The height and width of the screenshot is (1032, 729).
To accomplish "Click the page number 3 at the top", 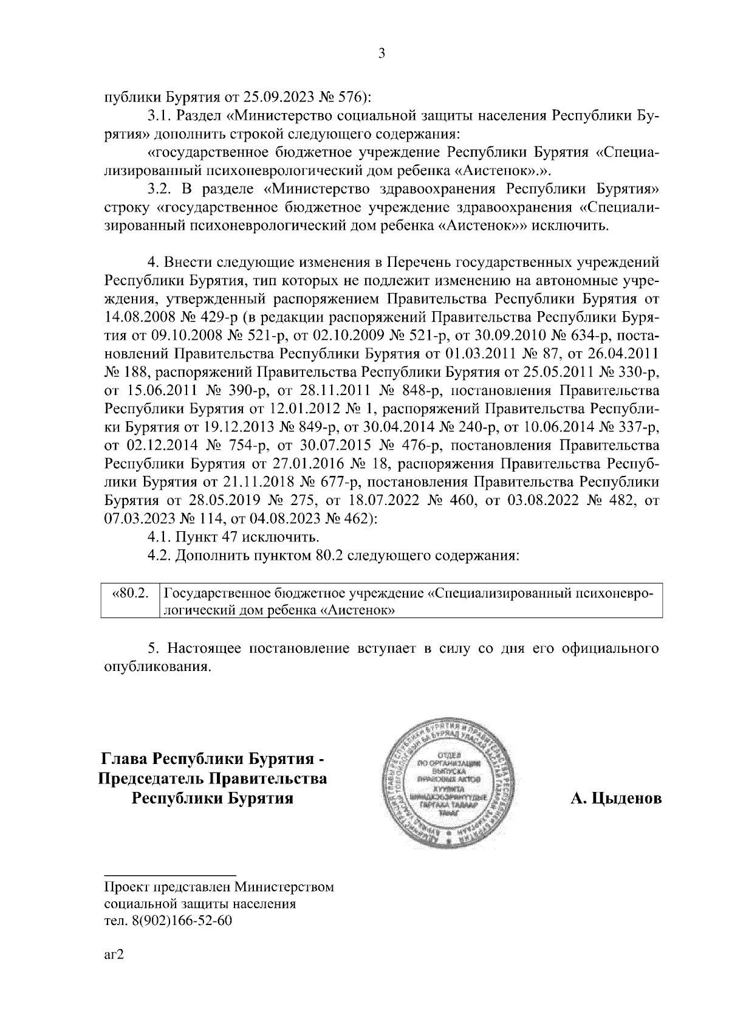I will [382, 54].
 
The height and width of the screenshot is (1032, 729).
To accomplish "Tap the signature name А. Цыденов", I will [615, 798].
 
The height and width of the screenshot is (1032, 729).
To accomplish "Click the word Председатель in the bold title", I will [150, 779].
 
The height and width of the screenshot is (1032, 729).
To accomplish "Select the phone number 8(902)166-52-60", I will [182, 921].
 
